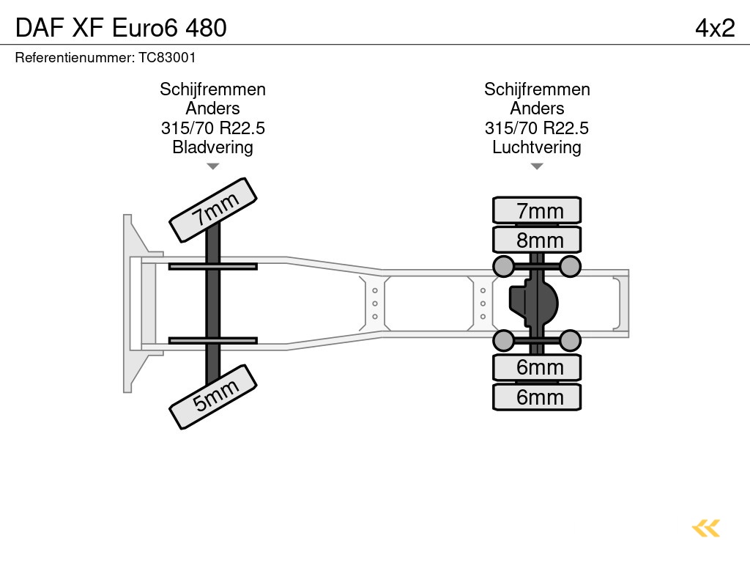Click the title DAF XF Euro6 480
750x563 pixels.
click(121, 27)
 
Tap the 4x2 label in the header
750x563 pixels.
click(714, 27)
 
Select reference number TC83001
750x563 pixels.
click(105, 57)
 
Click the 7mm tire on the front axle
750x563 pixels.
click(213, 210)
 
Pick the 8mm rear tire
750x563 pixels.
click(537, 240)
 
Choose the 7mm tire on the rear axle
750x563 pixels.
click(537, 211)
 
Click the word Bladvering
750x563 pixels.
click(212, 147)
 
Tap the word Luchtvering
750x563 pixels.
click(537, 147)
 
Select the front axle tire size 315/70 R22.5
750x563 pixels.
click(212, 128)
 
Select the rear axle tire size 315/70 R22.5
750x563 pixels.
click(537, 128)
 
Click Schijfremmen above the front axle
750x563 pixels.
click(212, 89)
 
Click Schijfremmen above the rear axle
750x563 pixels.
click(537, 89)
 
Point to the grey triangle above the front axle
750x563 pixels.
click(212, 166)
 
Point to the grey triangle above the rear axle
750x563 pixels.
click(537, 166)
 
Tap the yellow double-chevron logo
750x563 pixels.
click(706, 528)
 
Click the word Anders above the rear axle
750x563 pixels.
click(537, 108)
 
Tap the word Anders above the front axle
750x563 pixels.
click(212, 108)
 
